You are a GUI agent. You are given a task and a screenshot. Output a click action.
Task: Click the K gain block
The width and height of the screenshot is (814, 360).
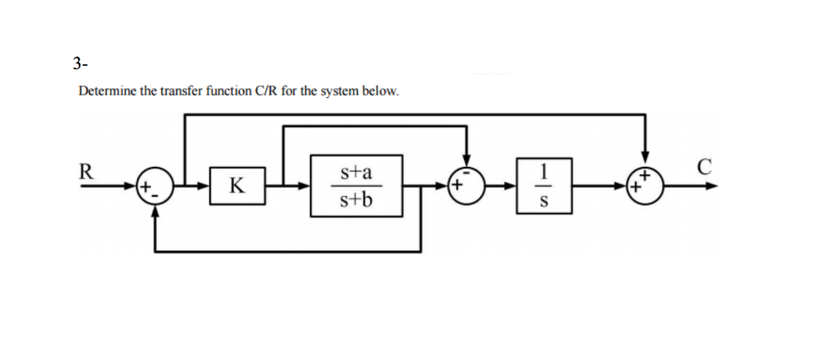tap(237, 187)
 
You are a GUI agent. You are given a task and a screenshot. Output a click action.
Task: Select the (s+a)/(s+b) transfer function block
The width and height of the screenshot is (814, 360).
tap(356, 186)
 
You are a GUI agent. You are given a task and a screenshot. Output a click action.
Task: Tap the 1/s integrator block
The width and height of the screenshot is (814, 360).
tap(542, 186)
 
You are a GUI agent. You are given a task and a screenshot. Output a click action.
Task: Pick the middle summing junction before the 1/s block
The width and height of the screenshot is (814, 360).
tap(467, 187)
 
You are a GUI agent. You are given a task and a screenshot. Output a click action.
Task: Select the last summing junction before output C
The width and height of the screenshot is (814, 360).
tap(645, 187)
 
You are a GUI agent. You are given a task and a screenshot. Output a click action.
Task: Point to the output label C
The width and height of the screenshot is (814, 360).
tap(701, 168)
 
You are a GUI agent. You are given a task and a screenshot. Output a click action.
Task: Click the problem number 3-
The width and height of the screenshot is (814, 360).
tap(78, 63)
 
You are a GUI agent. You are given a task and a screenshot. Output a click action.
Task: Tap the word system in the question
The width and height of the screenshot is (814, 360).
tap(340, 91)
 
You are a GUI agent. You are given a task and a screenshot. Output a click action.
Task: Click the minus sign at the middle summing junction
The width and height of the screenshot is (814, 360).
tap(467, 176)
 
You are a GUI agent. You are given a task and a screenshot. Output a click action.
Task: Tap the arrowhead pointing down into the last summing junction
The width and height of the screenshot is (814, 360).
tap(645, 163)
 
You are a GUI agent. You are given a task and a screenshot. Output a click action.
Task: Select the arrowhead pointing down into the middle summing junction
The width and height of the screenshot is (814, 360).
tap(467, 163)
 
